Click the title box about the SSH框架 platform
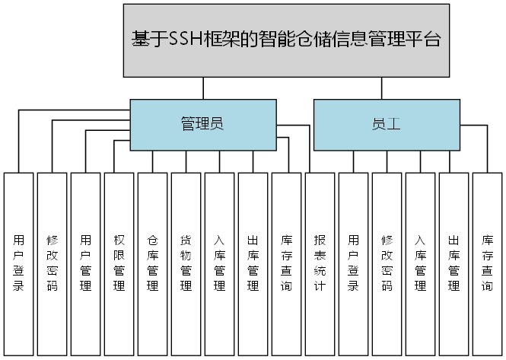[x=286, y=40]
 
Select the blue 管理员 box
[x=202, y=124]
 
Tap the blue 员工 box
[x=387, y=124]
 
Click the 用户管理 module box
[x=86, y=263]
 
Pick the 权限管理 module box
[x=119, y=263]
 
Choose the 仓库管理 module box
[x=153, y=263]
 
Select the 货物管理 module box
[x=186, y=263]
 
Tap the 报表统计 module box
[x=320, y=263]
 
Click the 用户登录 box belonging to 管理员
[x=19, y=263]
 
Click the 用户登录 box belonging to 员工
[x=353, y=263]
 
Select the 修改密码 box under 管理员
[x=53, y=263]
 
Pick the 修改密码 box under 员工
[x=387, y=263]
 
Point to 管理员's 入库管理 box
[x=220, y=263]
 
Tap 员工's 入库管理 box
[x=420, y=263]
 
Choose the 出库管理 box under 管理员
[x=253, y=263]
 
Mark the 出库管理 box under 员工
[x=453, y=263]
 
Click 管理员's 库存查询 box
[x=287, y=263]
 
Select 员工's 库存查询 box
[x=487, y=263]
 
